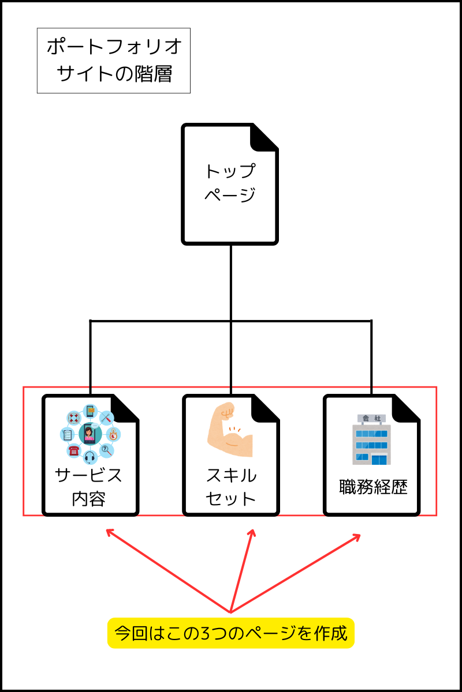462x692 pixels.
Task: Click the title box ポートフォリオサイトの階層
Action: pyautogui.click(x=114, y=61)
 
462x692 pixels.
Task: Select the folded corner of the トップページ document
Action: pyautogui.click(x=264, y=137)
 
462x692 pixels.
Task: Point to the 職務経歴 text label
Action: pyautogui.click(x=373, y=487)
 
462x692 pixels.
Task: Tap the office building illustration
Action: pyautogui.click(x=371, y=441)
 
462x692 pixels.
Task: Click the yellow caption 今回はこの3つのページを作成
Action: pyautogui.click(x=230, y=633)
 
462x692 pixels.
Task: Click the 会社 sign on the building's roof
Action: pyautogui.click(x=371, y=419)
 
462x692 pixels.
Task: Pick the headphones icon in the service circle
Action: pyautogui.click(x=90, y=458)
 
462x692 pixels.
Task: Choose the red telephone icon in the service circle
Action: pyautogui.click(x=73, y=450)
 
